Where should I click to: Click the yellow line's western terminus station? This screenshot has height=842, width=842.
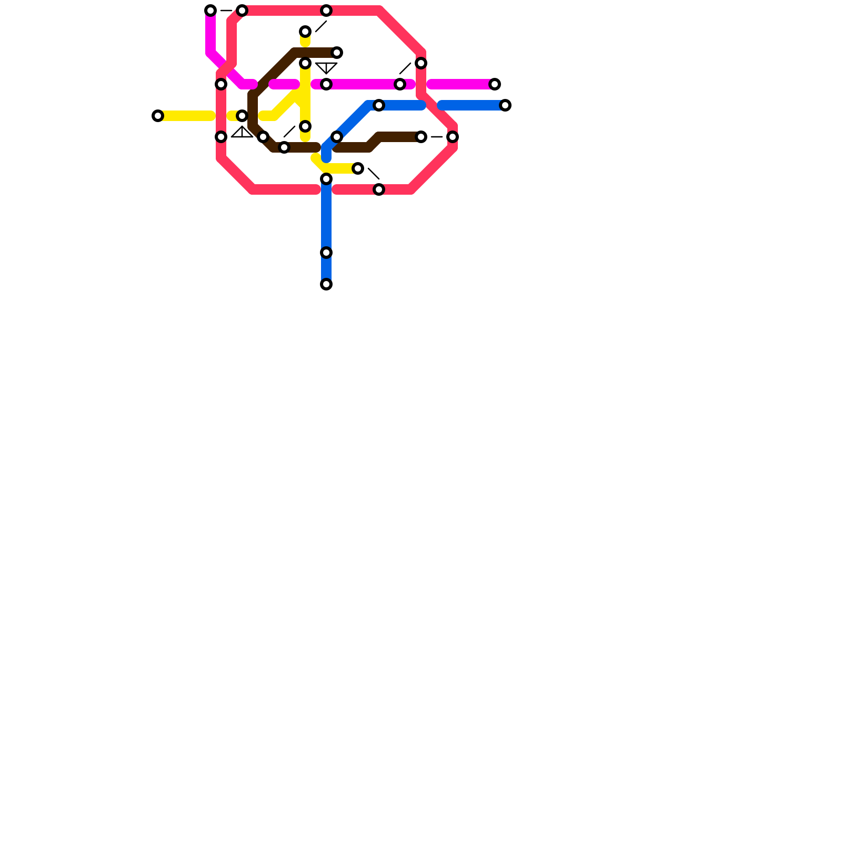[158, 116]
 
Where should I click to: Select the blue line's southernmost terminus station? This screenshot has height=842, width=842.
[326, 284]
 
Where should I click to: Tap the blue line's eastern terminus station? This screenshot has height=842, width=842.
[505, 105]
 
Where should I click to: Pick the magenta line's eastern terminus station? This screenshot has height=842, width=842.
[495, 84]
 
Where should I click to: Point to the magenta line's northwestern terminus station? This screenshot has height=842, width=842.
[210, 11]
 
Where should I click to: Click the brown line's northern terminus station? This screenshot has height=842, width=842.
[337, 53]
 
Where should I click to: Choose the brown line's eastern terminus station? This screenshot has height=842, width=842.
[421, 137]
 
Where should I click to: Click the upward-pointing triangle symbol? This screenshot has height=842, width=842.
[242, 132]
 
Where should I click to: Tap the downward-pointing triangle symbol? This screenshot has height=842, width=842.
[326, 67]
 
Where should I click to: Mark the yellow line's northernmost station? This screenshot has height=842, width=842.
[305, 32]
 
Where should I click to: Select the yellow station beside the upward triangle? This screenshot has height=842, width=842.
[242, 116]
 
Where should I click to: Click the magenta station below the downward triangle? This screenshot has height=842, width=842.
[326, 84]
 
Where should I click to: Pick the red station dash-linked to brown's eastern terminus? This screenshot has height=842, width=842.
[453, 137]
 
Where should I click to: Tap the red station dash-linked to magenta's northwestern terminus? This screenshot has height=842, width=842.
[242, 11]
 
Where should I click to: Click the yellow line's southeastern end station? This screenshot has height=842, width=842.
[358, 168]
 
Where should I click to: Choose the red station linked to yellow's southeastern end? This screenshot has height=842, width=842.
[379, 189]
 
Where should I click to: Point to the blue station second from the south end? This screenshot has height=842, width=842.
[326, 253]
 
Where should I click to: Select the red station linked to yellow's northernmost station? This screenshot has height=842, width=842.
[326, 11]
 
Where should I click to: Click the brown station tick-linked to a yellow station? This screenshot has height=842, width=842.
[284, 147]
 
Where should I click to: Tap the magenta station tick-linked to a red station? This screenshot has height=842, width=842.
[400, 84]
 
